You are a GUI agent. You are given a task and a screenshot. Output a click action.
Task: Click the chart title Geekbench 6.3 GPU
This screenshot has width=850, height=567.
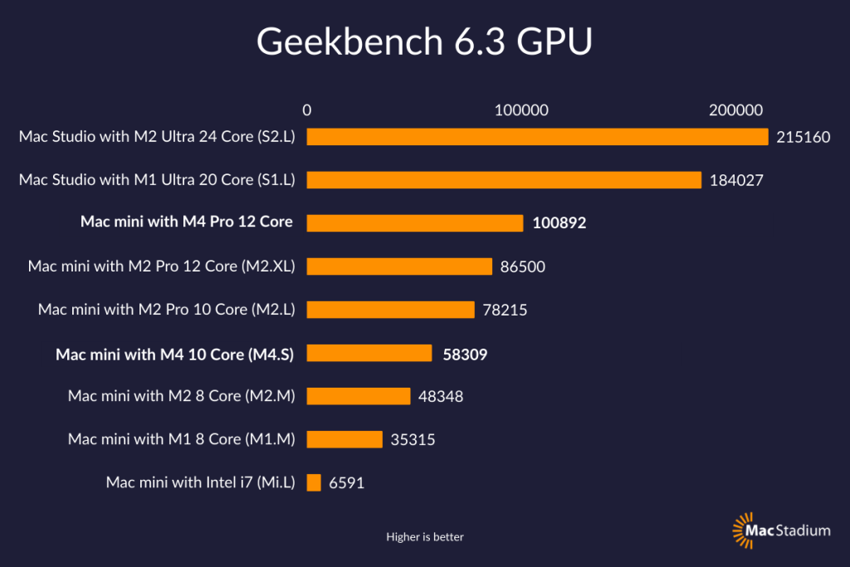click(424, 42)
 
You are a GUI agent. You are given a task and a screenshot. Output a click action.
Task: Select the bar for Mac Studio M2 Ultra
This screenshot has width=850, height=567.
click(537, 136)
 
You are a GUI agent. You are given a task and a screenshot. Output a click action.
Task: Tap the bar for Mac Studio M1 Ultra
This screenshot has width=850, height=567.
click(504, 179)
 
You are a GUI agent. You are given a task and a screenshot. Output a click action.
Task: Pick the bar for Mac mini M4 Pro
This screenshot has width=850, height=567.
click(415, 222)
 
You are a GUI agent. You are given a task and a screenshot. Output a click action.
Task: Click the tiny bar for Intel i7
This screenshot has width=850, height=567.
click(314, 482)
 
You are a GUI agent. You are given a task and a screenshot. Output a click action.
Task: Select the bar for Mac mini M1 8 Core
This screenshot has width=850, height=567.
click(344, 439)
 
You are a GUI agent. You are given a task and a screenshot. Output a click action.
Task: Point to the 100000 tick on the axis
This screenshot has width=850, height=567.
click(520, 110)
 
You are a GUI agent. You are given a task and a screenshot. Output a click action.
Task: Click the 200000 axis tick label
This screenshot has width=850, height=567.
click(735, 110)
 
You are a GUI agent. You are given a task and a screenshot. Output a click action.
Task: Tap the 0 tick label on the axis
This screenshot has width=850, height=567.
click(307, 110)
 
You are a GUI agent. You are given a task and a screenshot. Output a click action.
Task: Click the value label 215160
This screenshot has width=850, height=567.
click(803, 137)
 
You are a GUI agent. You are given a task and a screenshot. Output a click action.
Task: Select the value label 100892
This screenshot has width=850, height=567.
click(559, 223)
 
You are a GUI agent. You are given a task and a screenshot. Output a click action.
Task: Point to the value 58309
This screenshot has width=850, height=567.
click(465, 354)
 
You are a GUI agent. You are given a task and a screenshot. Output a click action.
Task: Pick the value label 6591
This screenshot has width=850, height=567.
click(346, 482)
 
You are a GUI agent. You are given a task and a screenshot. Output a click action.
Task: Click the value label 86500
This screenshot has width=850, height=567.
click(523, 266)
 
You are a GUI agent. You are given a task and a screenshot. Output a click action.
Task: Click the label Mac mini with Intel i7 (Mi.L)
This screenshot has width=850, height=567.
click(200, 482)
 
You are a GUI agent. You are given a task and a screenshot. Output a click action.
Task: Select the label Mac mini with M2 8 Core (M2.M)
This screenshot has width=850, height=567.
click(182, 396)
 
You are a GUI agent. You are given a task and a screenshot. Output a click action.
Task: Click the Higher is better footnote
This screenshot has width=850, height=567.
click(424, 537)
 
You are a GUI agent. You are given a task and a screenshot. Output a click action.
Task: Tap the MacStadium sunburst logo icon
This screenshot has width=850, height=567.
click(742, 530)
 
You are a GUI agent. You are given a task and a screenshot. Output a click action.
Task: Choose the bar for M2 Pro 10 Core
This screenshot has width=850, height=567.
click(390, 310)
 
